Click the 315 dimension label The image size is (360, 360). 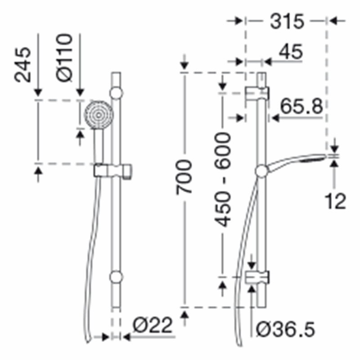click(287, 21)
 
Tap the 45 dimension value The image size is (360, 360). click(291, 52)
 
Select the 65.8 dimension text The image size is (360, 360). click(301, 106)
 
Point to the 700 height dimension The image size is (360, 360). click(184, 177)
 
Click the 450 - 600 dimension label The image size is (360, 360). click(222, 180)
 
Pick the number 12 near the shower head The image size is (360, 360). click(335, 201)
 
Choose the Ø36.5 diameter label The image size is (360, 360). click(286, 329)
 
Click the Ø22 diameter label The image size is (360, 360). click(153, 325)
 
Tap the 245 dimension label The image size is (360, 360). click(22, 65)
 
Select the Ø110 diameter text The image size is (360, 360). click(64, 58)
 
